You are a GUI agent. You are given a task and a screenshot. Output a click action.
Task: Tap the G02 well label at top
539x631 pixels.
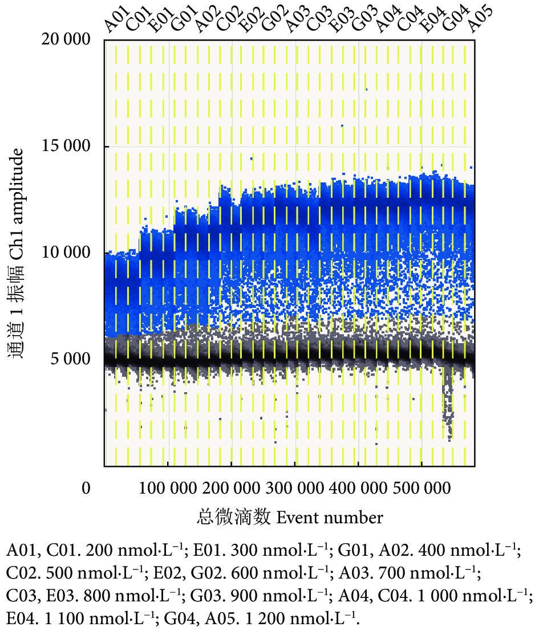point(271,21)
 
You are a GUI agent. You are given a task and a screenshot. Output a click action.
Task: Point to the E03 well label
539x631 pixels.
point(341,21)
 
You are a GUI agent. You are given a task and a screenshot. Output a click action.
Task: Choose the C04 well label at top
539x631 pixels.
point(409,21)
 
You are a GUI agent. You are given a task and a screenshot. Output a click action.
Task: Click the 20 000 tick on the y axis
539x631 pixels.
point(67,40)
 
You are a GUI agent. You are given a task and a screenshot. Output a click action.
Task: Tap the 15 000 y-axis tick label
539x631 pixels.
point(67,146)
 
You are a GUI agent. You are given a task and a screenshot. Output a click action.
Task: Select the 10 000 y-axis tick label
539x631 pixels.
point(67,253)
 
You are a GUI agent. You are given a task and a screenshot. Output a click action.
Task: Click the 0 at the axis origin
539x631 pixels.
point(87,488)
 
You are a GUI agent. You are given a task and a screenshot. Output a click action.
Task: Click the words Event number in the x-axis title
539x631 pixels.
point(329,518)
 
